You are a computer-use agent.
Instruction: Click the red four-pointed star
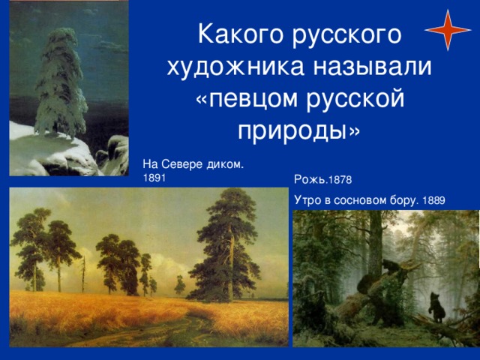click(448, 30)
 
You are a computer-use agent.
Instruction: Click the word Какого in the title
click(241, 34)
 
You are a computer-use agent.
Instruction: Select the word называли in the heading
click(372, 66)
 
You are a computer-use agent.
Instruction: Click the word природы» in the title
click(299, 132)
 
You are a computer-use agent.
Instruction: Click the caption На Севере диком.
click(193, 164)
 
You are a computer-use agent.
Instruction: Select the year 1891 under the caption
click(154, 178)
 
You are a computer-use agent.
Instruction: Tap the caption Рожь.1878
click(323, 179)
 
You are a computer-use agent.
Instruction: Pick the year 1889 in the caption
click(433, 200)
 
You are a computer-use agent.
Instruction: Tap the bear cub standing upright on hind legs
click(436, 307)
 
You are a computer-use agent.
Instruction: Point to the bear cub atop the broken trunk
click(390, 266)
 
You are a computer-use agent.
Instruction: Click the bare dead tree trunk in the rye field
click(83, 274)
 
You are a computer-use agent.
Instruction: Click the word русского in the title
click(346, 35)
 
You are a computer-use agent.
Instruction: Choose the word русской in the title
click(355, 99)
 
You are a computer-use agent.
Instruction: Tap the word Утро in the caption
click(307, 201)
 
